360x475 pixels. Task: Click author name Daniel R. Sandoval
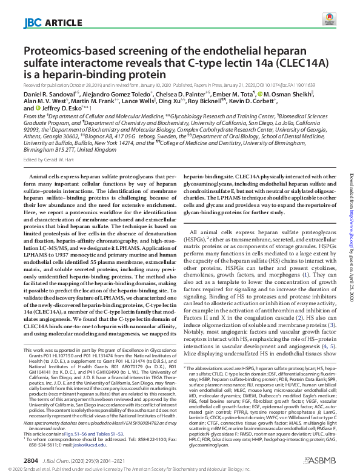(44, 96)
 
